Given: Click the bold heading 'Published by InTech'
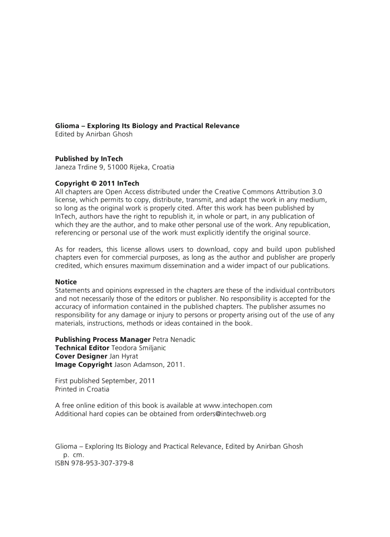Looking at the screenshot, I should click(89, 159).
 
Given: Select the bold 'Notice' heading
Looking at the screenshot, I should click(66, 282).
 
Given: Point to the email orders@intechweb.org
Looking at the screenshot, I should click(231, 414).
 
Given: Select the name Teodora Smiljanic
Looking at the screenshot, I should click(139, 348).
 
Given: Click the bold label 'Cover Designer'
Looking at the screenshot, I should click(81, 356).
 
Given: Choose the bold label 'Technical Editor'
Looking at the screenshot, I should click(82, 348).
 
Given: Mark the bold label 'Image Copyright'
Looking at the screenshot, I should click(84, 365).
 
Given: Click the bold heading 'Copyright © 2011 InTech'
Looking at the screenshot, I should click(97, 183).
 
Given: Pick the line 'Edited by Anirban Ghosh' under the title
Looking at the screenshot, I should click(94, 134).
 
